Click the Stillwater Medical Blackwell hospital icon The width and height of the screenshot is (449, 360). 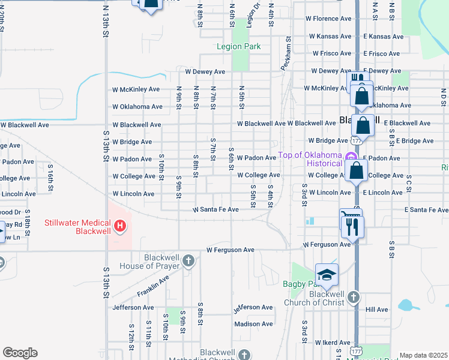pyautogui.click(x=120, y=226)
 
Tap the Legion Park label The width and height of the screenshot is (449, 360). pyautogui.click(x=239, y=46)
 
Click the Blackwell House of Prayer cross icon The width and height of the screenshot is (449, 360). pyautogui.click(x=188, y=260)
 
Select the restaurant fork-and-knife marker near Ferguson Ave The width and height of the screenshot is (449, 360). pyautogui.click(x=352, y=226)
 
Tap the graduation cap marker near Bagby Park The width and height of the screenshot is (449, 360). pyautogui.click(x=327, y=275)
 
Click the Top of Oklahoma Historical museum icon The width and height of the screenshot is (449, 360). pyautogui.click(x=347, y=155)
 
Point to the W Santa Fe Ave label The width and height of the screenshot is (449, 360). pyautogui.click(x=215, y=210)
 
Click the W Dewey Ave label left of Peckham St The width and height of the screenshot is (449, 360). pyautogui.click(x=205, y=71)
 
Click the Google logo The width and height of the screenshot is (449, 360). pyautogui.click(x=20, y=353)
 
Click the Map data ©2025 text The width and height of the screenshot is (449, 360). pyautogui.click(x=423, y=355)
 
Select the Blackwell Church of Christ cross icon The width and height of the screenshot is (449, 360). pyautogui.click(x=354, y=296)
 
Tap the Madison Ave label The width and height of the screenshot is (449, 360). pyautogui.click(x=253, y=324)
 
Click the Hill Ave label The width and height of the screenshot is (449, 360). pyautogui.click(x=377, y=310)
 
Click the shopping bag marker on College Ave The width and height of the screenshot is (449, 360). pyautogui.click(x=357, y=170)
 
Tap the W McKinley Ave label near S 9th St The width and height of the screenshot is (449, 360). pyautogui.click(x=136, y=89)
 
